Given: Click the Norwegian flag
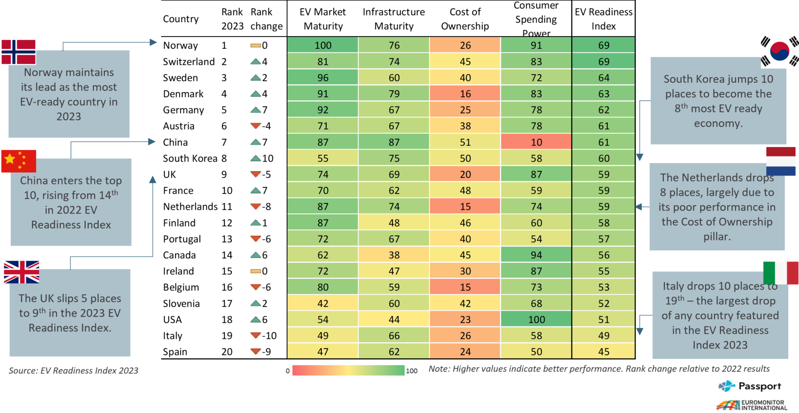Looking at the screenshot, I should point(19,52).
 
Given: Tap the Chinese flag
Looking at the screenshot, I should point(19,161).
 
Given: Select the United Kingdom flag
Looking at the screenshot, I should point(22,272).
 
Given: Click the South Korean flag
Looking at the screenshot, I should point(779,50).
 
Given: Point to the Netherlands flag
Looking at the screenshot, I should point(781,161).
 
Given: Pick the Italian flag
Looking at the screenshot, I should point(781,273).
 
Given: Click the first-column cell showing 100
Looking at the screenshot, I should point(323,45).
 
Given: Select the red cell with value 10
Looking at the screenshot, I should point(536,142).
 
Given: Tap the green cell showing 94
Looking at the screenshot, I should point(536,255).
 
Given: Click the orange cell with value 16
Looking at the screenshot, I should point(465,94).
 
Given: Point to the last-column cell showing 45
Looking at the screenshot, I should point(603,351).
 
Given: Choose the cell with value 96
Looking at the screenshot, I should point(323,77).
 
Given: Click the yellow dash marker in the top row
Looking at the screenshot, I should point(256,45).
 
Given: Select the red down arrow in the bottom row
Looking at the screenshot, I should point(256,351).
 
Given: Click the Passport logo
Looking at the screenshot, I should point(749,386).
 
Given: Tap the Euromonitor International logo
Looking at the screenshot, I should point(752,405).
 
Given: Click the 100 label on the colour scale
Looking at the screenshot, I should point(412,371).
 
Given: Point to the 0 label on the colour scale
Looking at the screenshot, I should point(288,371).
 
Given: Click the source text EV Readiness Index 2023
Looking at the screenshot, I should point(74,371).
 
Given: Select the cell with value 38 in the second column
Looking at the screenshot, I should point(394,255).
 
